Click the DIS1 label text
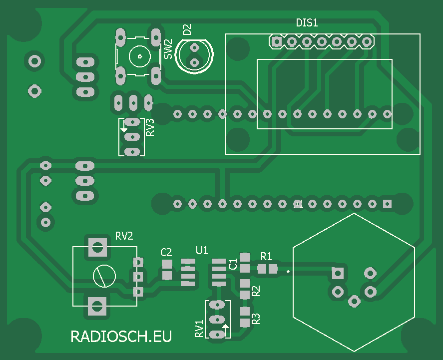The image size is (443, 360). click(307, 22)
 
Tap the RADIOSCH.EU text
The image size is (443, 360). click(121, 336)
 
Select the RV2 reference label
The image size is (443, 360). click(124, 236)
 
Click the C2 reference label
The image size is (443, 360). click(166, 252)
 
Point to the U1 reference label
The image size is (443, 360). click(202, 250)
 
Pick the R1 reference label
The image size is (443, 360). click(266, 256)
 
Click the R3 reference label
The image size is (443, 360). click(256, 319)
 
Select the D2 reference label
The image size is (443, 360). click(187, 29)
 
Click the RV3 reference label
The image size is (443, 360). click(150, 127)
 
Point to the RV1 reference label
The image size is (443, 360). click(199, 329)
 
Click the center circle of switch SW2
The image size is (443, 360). click(138, 56)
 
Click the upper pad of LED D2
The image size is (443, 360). click(194, 47)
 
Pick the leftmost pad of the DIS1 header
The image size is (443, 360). click(276, 41)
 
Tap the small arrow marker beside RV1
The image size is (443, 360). click(225, 327)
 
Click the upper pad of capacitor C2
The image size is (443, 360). click(167, 264)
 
